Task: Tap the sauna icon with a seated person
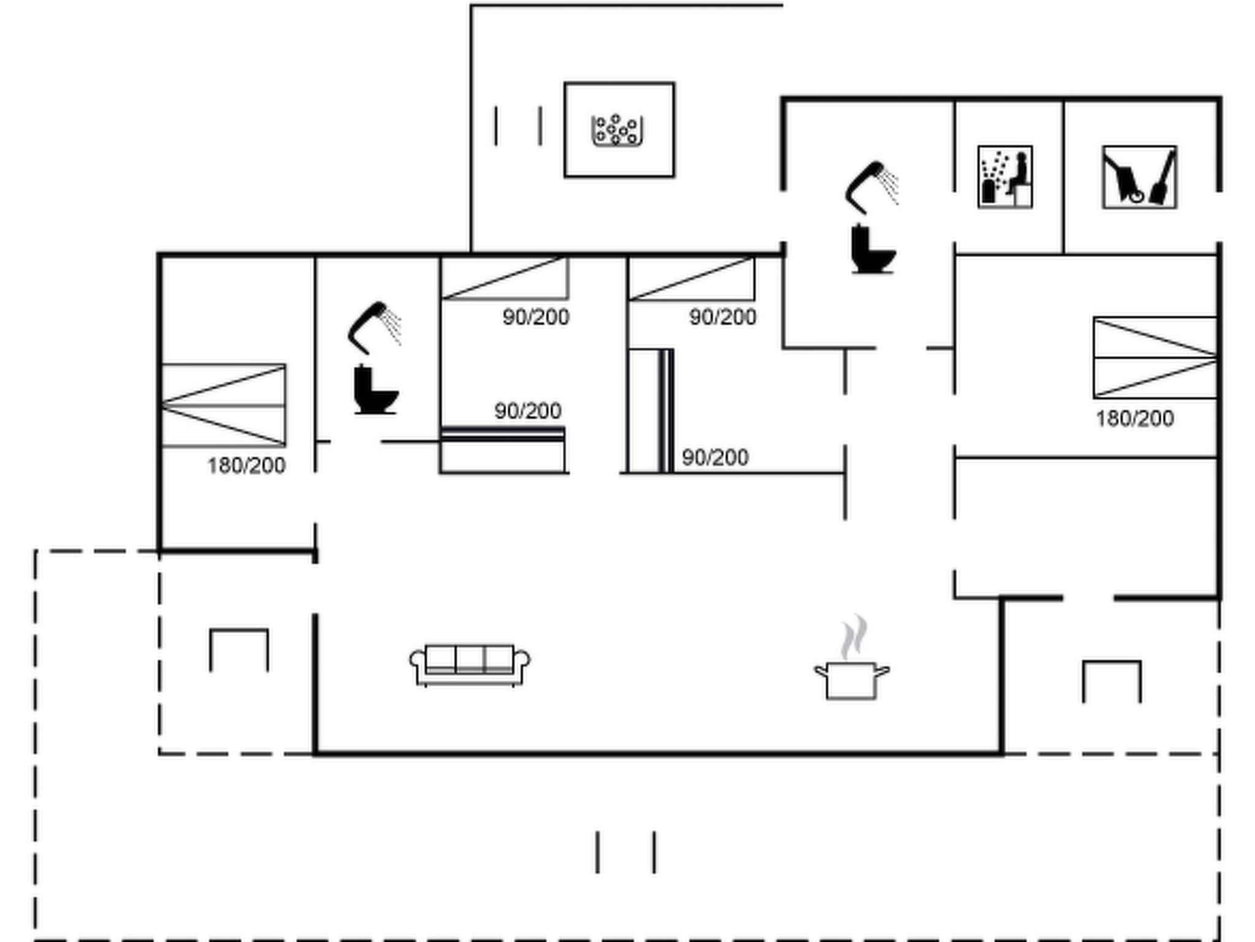(1005, 177)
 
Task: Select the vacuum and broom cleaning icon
(1139, 177)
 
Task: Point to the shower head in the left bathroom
(374, 327)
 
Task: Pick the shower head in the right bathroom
(871, 187)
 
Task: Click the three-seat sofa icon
(470, 665)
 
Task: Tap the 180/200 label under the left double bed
(246, 466)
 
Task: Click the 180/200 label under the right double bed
(1135, 419)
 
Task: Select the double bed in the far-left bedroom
(223, 405)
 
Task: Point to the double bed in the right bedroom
(1155, 358)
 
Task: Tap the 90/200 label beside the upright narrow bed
(715, 458)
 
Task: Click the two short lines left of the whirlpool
(518, 126)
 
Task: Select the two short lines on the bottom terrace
(626, 852)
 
